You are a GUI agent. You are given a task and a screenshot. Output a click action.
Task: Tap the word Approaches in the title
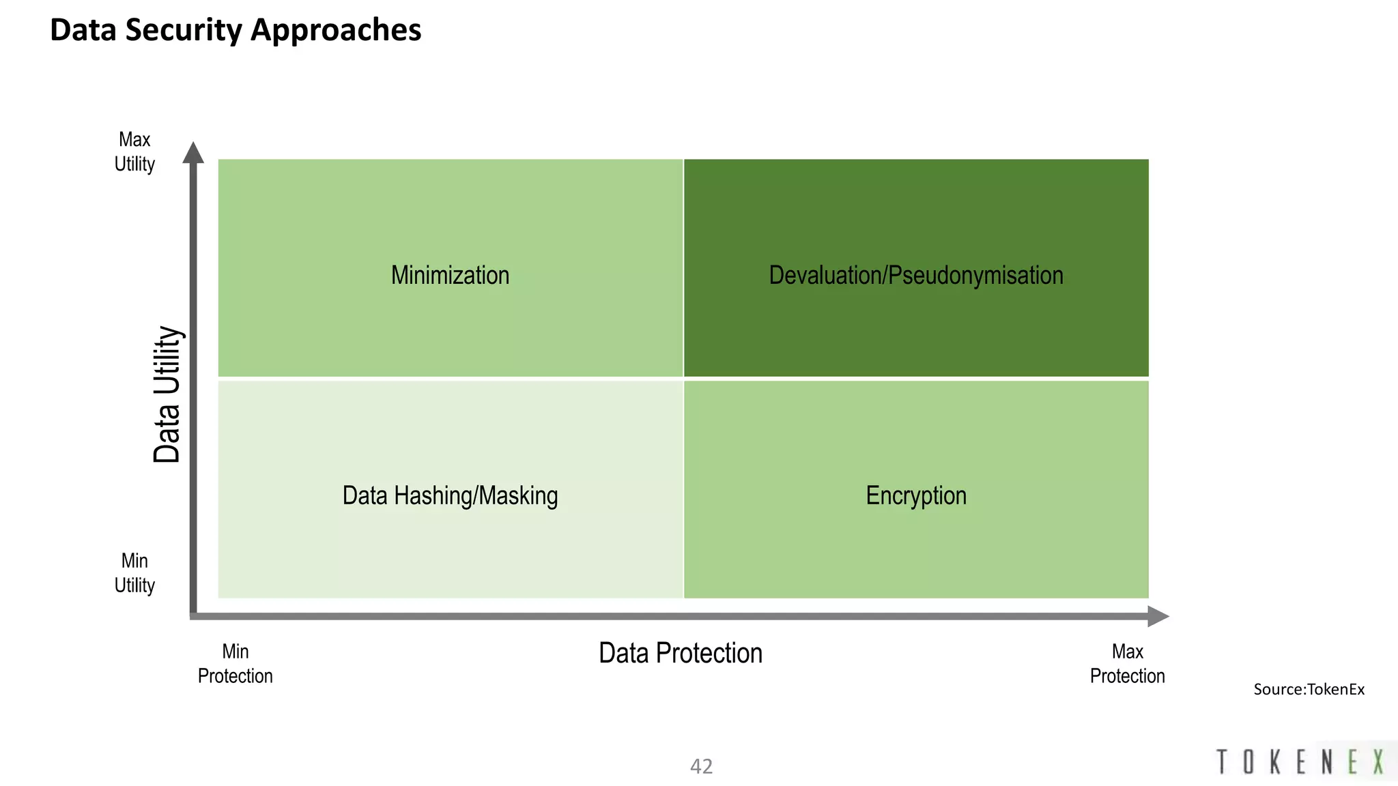point(336,31)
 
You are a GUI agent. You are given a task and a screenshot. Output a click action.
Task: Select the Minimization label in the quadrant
point(450,275)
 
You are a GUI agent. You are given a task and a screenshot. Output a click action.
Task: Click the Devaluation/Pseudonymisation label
point(916,275)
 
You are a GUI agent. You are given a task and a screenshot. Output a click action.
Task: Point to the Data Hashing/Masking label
point(450,495)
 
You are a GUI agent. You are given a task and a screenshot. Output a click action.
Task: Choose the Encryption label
point(916,495)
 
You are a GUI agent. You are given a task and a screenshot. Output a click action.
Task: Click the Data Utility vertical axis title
point(167,394)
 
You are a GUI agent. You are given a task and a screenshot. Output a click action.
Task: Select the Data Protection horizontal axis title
point(681,653)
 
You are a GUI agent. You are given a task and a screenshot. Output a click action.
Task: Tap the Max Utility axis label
point(134,151)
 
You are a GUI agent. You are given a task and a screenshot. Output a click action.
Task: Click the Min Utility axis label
point(134,573)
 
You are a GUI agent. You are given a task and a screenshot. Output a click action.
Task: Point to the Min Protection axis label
point(236,663)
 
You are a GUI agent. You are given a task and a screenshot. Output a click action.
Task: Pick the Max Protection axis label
point(1127,663)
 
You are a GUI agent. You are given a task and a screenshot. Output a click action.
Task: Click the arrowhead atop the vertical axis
point(193,153)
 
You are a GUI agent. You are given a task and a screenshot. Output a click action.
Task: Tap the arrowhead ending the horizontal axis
point(1158,617)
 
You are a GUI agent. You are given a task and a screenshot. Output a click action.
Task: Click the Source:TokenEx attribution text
point(1309,689)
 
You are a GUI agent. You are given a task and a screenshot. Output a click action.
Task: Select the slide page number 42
point(701,766)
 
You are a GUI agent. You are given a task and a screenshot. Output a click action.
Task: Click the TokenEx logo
point(1300,761)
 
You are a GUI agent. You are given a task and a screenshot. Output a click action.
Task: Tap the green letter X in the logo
point(1379,761)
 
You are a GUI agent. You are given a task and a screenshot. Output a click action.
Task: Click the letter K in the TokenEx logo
point(1274,761)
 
